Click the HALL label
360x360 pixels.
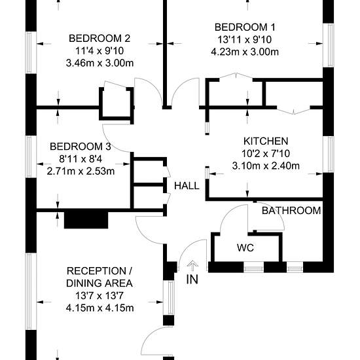coord(187,186)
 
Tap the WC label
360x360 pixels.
coord(245,247)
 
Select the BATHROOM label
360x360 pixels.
coord(291,211)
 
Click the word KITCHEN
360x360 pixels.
coord(266,141)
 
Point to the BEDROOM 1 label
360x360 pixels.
coord(245,27)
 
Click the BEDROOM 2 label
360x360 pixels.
coord(99,39)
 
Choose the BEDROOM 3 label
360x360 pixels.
coord(81,147)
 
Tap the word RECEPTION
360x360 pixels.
coord(96,271)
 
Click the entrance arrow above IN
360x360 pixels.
coord(192,266)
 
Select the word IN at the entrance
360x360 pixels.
coord(192,279)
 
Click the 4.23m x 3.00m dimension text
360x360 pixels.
coord(245,52)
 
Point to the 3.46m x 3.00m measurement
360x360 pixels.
coord(99,63)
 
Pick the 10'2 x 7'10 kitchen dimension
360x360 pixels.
coord(266,153)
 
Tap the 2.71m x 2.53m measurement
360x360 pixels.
coord(81,171)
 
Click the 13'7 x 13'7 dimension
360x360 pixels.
coord(99,296)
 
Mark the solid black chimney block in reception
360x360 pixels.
coord(86,220)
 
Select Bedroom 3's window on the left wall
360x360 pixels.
coord(31,157)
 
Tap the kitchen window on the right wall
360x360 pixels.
coord(329,154)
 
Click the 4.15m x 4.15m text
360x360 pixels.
coord(99,308)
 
